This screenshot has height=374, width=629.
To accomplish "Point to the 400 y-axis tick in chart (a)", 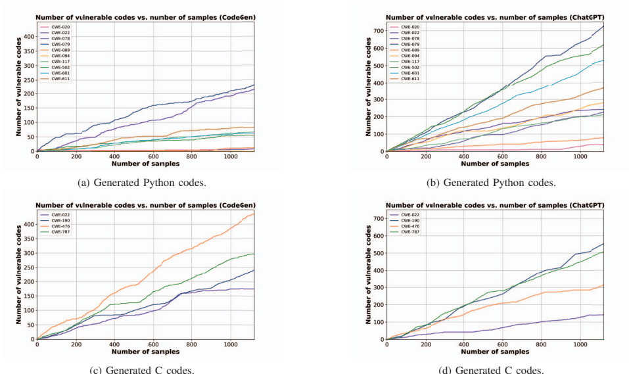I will click(28, 36).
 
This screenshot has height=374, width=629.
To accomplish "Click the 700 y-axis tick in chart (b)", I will click(377, 31).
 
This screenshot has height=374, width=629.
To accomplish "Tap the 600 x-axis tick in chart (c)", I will click(153, 345).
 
